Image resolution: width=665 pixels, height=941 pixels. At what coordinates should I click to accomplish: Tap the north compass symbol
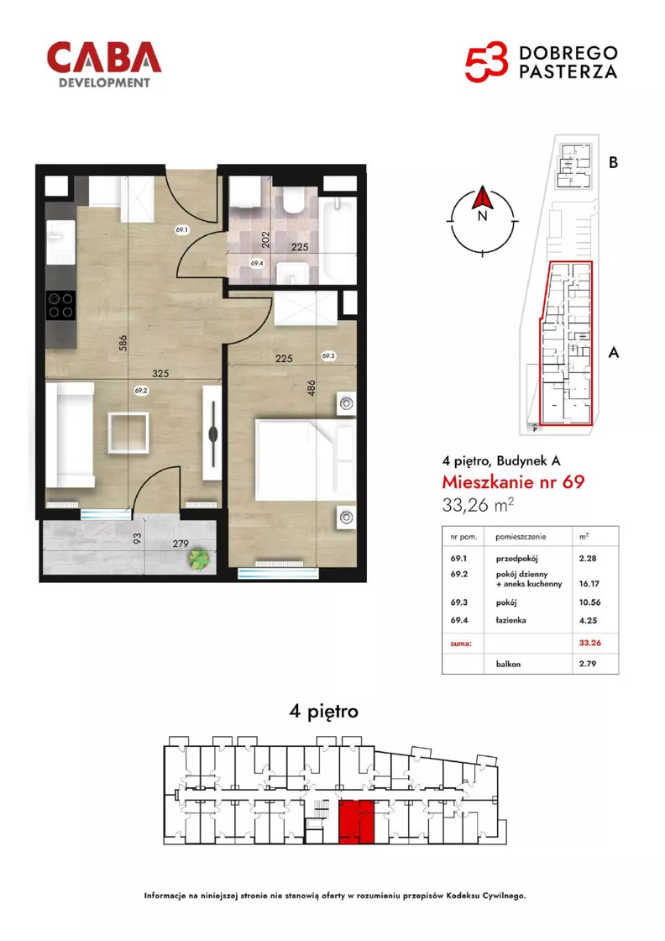[x=482, y=221]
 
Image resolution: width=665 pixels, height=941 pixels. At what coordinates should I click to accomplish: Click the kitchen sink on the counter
[x=61, y=243]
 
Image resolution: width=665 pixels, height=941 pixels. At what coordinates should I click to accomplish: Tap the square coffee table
[x=128, y=433]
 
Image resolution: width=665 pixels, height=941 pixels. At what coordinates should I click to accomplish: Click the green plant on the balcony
[x=198, y=559]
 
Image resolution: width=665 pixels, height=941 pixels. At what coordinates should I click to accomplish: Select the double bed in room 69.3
[x=306, y=460]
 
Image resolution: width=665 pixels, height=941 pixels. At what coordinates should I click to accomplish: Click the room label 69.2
[x=142, y=390]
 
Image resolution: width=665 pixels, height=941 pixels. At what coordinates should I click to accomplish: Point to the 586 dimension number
[x=123, y=344]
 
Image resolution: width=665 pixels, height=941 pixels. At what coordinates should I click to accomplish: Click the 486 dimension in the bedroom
[x=311, y=389]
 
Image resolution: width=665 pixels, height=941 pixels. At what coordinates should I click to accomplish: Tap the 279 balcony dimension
[x=181, y=544]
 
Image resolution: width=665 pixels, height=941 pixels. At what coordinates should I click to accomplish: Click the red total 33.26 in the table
[x=590, y=642]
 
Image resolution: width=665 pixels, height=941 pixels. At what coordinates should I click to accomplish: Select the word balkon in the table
[x=508, y=664]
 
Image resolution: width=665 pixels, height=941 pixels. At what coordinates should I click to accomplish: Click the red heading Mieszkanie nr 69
[x=513, y=482]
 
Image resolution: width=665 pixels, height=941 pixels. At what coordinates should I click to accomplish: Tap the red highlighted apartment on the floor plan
[x=357, y=822]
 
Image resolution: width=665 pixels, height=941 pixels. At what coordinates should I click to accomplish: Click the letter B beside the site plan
[x=613, y=163]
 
